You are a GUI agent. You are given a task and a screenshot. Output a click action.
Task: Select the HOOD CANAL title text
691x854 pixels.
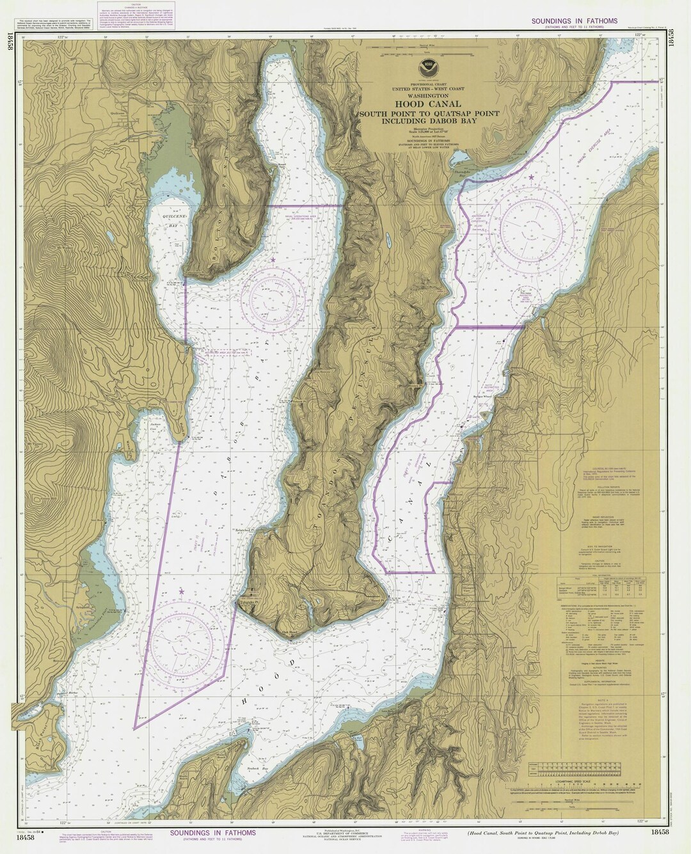[420, 104]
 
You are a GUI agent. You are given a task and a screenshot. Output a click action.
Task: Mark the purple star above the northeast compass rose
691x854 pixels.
[530, 177]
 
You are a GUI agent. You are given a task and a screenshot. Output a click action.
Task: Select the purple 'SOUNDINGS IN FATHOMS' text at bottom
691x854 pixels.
[214, 833]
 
